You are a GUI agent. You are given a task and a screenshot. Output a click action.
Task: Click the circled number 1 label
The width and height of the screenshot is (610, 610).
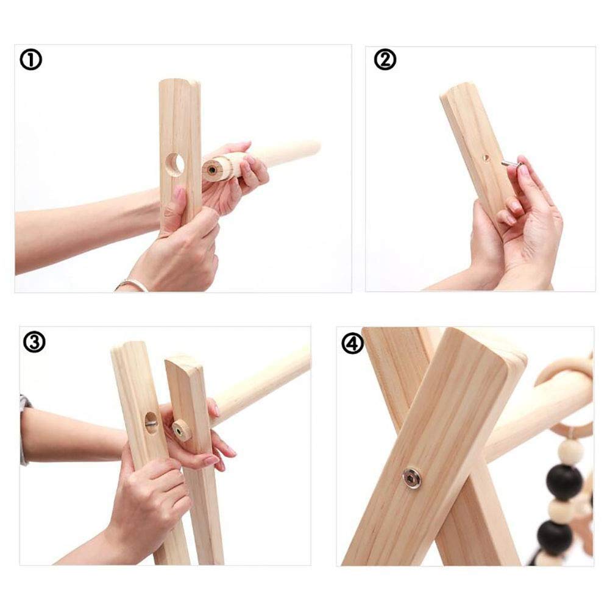coord(30,60)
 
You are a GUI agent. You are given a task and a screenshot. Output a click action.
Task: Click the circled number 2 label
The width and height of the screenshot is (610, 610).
coord(385,60)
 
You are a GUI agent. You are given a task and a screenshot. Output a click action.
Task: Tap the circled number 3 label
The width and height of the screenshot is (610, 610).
coord(34,342)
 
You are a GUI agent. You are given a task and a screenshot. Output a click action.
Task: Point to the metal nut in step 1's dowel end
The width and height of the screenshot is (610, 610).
coord(212,169)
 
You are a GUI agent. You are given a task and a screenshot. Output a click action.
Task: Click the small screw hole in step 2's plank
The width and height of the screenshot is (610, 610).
coord(486,158)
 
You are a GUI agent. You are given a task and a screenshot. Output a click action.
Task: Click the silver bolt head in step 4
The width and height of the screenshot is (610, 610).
coord(413,478)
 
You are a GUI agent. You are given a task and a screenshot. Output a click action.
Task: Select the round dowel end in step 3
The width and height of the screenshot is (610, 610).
coord(181,430)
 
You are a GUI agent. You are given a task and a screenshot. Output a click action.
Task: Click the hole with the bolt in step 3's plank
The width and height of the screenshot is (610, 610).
coord(151,422)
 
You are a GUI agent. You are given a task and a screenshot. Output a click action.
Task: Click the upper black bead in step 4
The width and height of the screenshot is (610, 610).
coord(564,483)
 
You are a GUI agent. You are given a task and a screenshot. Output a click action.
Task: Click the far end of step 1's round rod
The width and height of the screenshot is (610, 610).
coord(314,148)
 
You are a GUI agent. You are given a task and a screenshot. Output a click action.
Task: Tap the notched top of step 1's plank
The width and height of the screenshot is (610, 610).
coord(180,82)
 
